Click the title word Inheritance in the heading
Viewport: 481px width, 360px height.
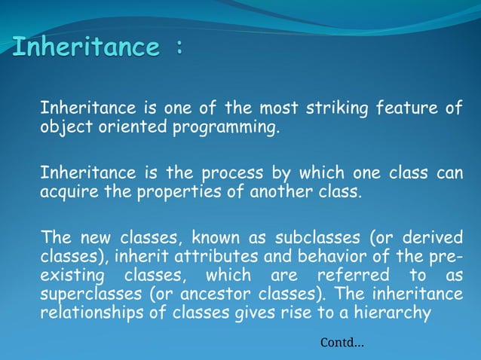coord(86,47)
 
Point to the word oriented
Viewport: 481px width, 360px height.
coord(133,127)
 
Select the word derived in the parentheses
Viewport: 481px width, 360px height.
coord(432,239)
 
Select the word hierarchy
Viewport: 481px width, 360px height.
coord(397,310)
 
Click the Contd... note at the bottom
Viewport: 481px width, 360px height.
coord(342,343)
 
